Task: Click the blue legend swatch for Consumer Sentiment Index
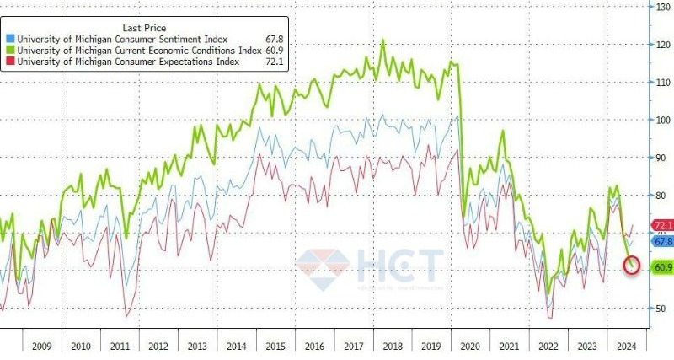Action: tap(9, 38)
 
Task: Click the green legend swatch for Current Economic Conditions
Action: tap(9, 50)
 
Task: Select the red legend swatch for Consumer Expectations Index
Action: tap(9, 62)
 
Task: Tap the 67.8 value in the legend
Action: tap(275, 38)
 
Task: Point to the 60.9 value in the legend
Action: tap(275, 50)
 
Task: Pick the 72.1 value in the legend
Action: tap(275, 62)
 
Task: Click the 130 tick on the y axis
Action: tap(663, 7)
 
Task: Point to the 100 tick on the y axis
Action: tap(663, 120)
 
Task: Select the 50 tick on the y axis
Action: tap(663, 308)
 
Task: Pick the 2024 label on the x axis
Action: tap(625, 345)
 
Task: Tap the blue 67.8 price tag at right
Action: tap(662, 241)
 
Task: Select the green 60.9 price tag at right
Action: tap(662, 267)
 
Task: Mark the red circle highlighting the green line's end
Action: tap(634, 266)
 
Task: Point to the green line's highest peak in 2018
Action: tap(383, 40)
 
